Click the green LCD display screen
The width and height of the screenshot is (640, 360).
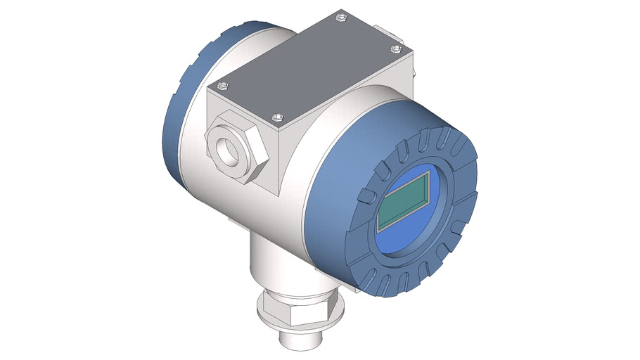404,199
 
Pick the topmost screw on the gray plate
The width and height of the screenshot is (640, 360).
341,15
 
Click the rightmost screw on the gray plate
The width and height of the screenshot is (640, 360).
395,49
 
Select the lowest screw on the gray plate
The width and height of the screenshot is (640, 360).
276,118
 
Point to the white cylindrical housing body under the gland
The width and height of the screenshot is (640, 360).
211,197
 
